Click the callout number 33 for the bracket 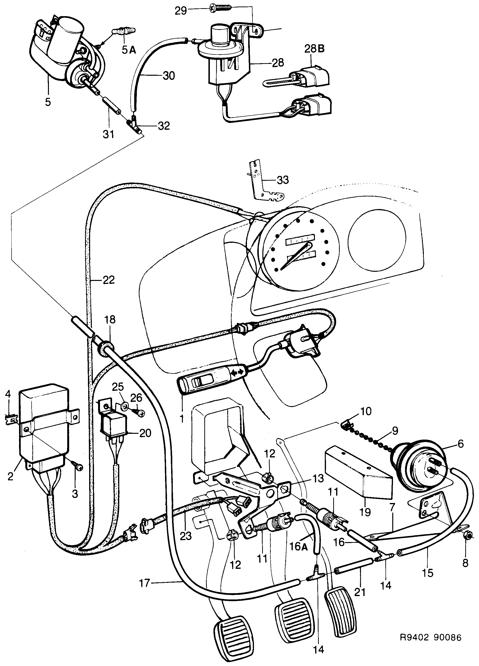pos(283,180)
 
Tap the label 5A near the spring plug pos(129,50)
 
